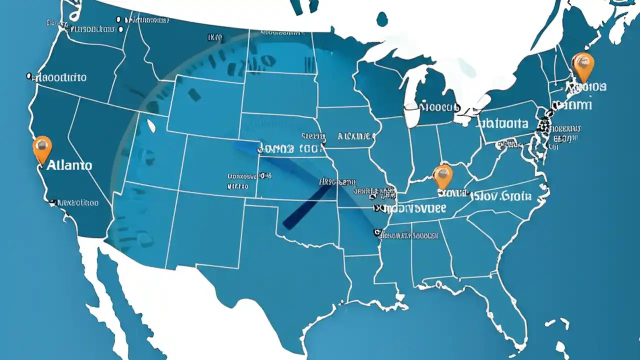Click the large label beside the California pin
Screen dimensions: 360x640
69,165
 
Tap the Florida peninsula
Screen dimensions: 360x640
505,310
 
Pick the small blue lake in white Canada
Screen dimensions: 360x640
382,19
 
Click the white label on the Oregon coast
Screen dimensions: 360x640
56,77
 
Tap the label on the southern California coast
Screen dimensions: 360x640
75,203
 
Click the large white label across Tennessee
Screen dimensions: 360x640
410,207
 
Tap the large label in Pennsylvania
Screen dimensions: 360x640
503,123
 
